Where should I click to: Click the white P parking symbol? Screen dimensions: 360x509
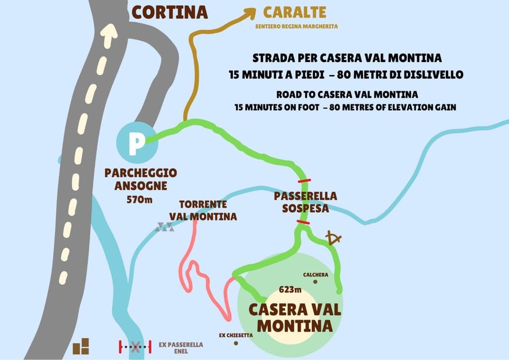point(136,144)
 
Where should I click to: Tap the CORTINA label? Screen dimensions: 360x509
point(170,12)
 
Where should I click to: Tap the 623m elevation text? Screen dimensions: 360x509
point(290,289)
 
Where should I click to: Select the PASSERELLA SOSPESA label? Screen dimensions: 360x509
point(305,203)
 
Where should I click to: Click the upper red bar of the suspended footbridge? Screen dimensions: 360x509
point(304,181)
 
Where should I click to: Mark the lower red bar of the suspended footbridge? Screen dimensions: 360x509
point(303,222)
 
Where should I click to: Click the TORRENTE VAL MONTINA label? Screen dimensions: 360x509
point(203,210)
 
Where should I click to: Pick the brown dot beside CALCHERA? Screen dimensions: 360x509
point(315,282)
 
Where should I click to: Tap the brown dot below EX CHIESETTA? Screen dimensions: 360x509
point(235,344)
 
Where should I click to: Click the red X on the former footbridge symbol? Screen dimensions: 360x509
point(136,348)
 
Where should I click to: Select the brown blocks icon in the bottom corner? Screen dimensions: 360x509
point(81,346)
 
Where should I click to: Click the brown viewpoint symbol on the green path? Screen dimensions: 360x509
point(333,239)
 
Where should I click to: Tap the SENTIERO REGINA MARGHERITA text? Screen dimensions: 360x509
point(296,26)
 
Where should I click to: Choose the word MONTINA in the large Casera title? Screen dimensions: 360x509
point(295,324)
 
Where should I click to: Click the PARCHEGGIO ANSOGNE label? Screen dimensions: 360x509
point(141,179)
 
